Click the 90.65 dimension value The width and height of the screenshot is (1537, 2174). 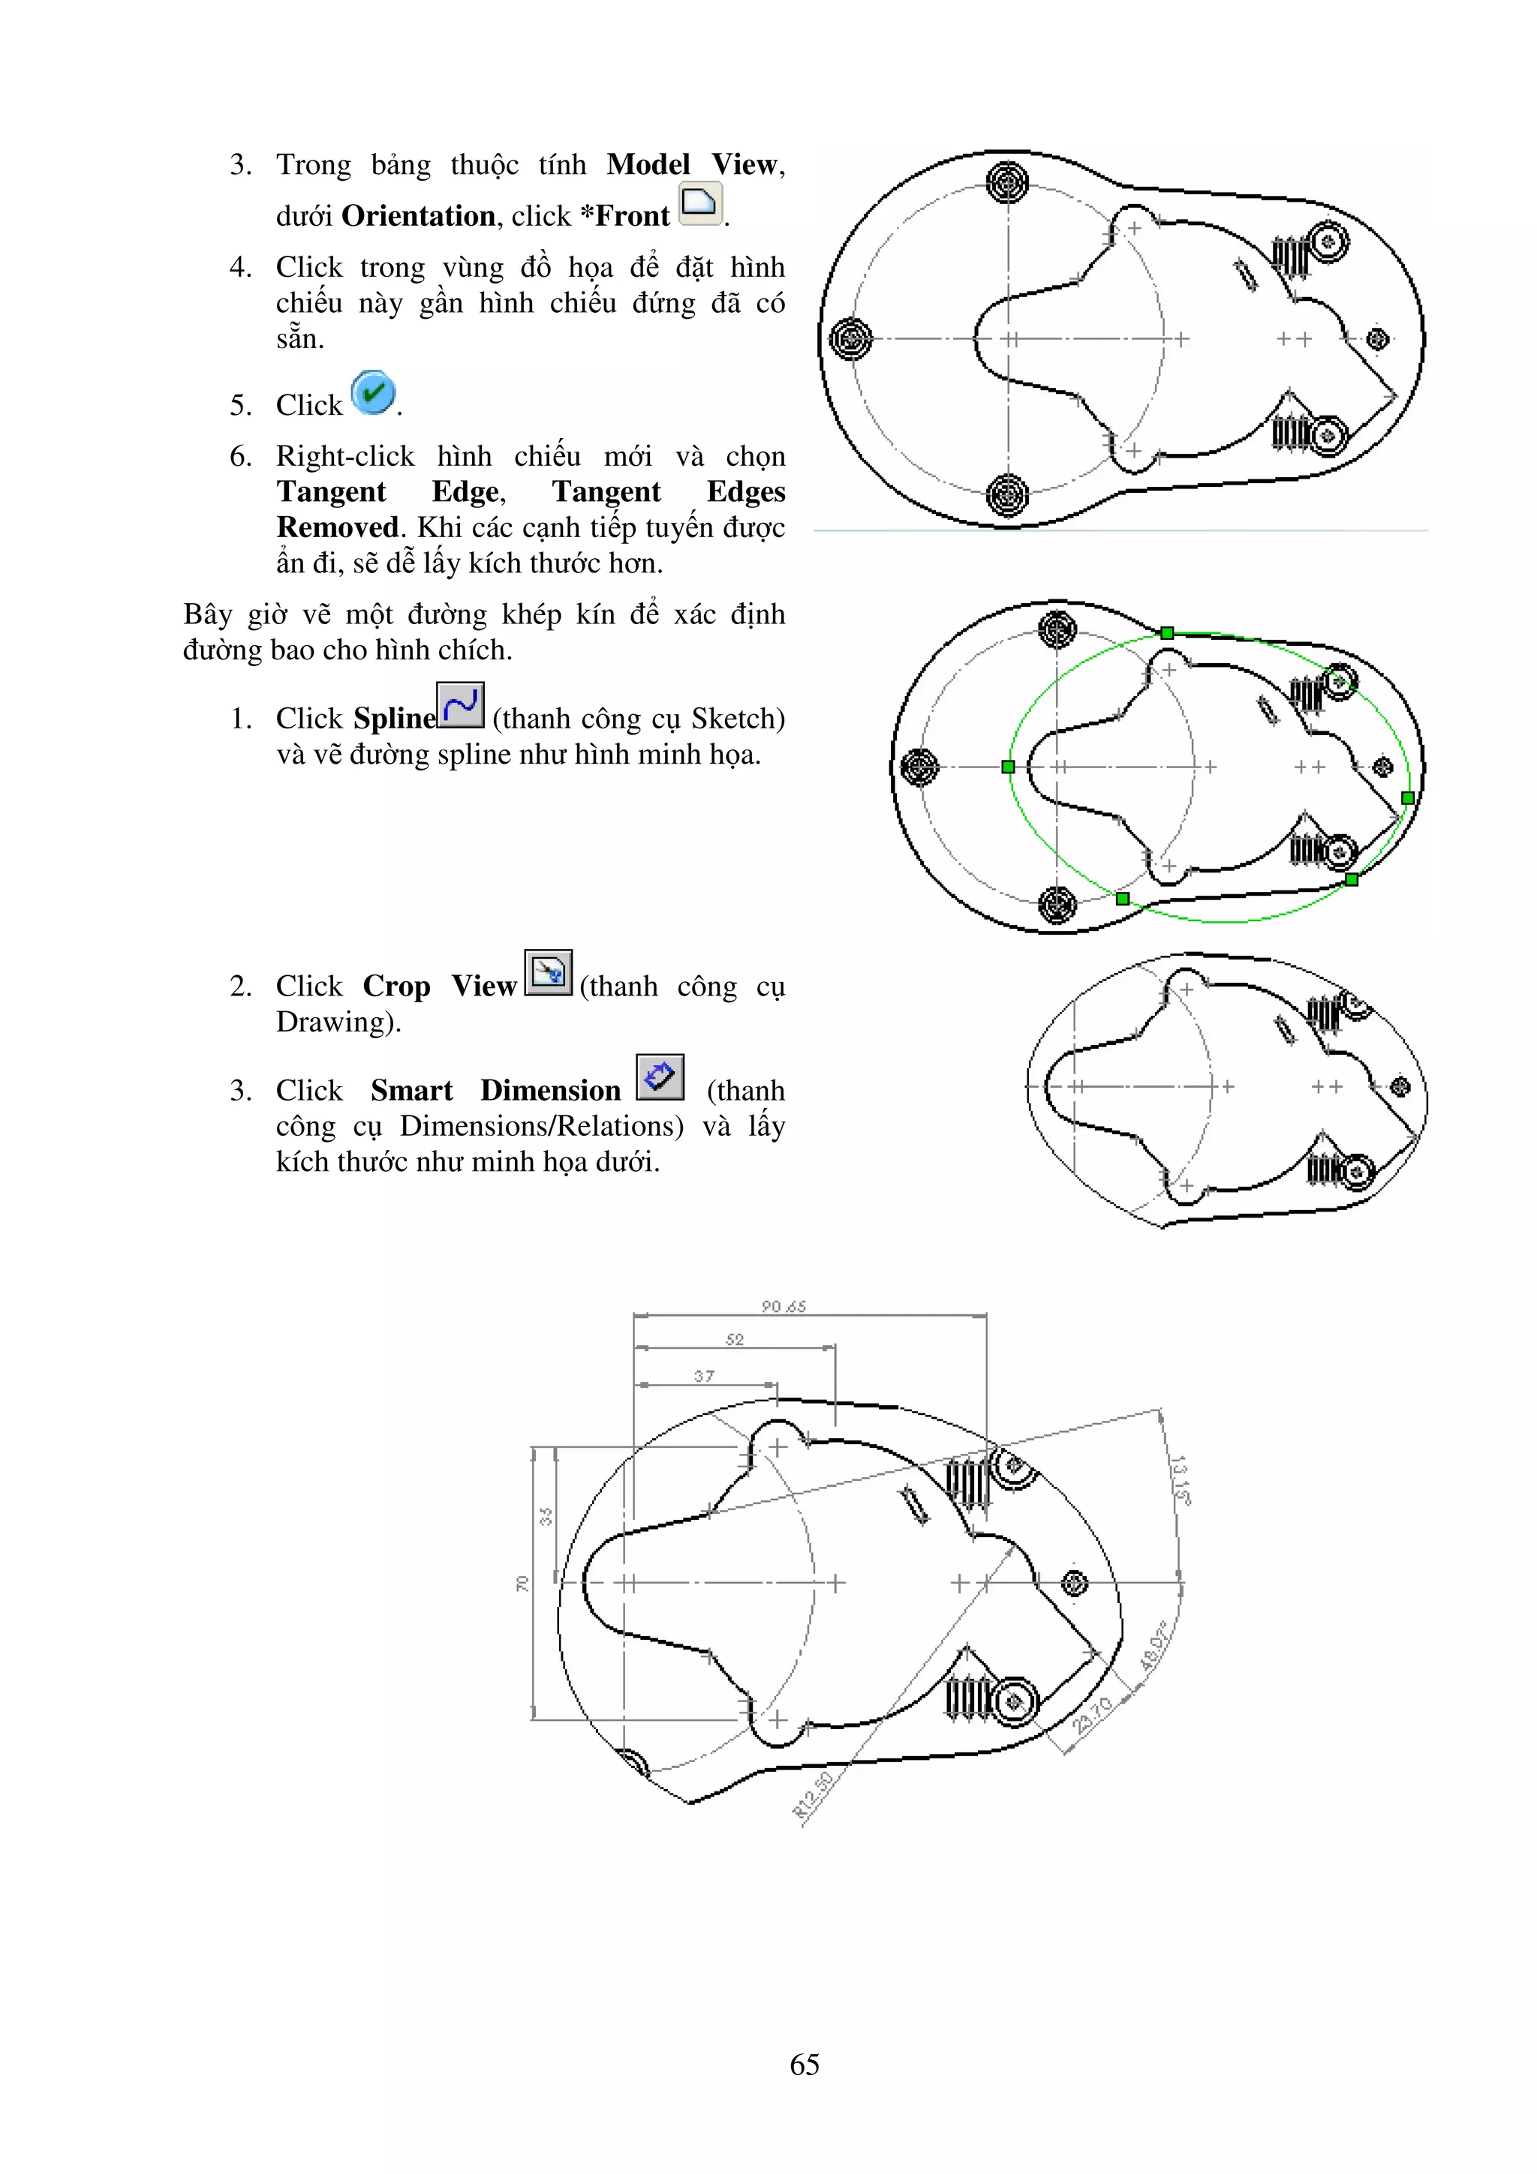point(784,1306)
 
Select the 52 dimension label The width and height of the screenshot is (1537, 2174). point(735,1339)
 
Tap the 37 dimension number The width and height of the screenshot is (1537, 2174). point(704,1376)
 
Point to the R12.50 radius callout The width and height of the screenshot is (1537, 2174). point(813,1795)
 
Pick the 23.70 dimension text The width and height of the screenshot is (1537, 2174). point(1092,1715)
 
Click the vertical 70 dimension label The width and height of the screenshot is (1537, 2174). point(522,1583)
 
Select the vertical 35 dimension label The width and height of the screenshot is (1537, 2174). point(546,1517)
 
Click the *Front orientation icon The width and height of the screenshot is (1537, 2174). point(701,203)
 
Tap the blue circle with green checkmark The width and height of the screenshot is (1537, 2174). point(373,393)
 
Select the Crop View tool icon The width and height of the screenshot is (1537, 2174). point(549,972)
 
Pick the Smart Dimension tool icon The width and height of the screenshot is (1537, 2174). point(660,1077)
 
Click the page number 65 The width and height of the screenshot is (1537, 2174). point(804,2064)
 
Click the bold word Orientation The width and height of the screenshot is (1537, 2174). point(417,216)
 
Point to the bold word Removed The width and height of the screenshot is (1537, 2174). point(337,527)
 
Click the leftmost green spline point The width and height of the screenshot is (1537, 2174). point(1008,767)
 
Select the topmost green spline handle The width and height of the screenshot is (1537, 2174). point(1167,632)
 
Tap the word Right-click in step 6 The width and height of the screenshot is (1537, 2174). point(344,456)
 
